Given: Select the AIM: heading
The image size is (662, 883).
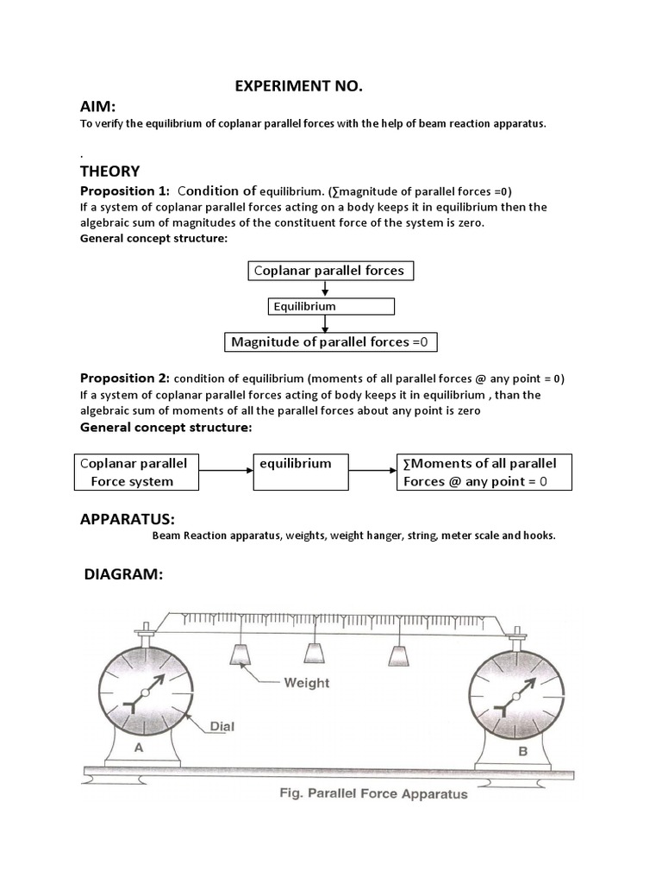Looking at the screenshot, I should (102, 107).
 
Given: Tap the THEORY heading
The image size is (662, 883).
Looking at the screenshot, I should (109, 172).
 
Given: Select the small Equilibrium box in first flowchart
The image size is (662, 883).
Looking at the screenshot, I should (331, 306).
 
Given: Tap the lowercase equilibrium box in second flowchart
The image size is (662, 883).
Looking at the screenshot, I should (299, 473).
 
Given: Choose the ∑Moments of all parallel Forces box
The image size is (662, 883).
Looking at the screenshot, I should (484, 473).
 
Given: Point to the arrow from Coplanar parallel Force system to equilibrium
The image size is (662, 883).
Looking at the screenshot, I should (226, 471).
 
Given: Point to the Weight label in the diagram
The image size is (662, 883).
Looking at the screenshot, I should (307, 683).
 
